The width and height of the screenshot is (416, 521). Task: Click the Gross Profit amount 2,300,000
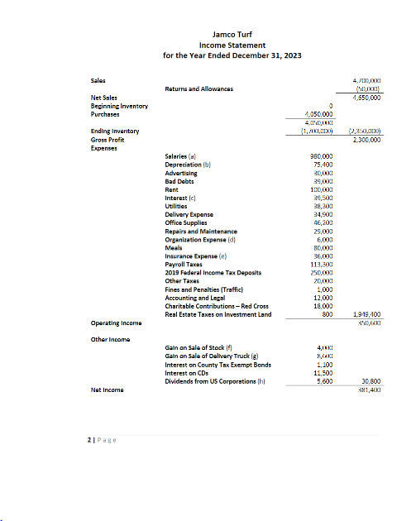[366, 140]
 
